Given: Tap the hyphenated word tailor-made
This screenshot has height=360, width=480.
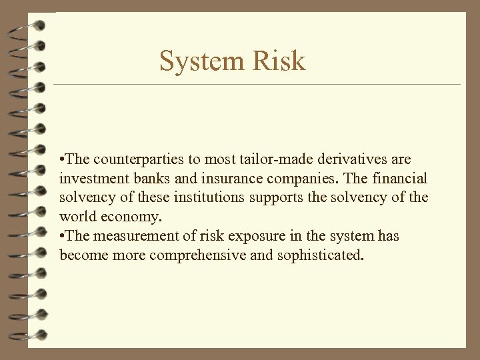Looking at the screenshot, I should tap(259, 160).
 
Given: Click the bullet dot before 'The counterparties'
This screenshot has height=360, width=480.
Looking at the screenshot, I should tap(62, 161).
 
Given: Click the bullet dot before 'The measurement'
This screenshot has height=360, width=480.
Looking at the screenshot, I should tap(62, 237).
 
